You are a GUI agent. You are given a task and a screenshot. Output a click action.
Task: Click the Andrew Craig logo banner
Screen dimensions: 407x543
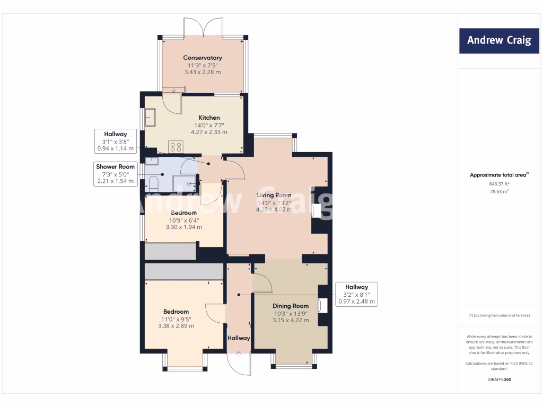click(498, 40)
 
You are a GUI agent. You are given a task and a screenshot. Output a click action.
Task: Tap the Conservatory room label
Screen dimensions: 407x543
click(203, 58)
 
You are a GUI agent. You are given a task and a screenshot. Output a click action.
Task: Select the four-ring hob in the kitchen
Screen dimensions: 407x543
click(176, 147)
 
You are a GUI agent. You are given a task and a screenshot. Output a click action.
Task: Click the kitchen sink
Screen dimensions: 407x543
click(150, 116)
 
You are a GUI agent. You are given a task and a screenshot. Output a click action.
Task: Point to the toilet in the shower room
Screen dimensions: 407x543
click(154, 183)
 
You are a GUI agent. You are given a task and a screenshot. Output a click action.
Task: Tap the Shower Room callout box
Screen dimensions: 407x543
click(115, 174)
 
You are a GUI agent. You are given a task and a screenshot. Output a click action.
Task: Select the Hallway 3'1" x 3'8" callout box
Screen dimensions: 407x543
click(115, 141)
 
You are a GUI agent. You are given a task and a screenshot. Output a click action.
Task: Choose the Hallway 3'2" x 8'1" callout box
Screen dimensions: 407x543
click(356, 294)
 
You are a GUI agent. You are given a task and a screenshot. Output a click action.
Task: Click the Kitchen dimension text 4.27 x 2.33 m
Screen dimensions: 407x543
click(209, 132)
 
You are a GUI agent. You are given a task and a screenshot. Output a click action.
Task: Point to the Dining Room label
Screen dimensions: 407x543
click(291, 306)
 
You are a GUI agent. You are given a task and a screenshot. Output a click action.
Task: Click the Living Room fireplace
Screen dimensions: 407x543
click(317, 211)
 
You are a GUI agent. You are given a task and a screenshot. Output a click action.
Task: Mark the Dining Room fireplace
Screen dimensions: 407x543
click(322, 305)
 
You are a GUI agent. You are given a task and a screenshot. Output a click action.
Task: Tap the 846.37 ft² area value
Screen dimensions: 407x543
click(498, 184)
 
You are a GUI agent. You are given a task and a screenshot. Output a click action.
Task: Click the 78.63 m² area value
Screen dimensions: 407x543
click(498, 191)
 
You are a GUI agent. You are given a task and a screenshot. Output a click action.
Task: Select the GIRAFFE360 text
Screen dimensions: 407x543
click(498, 379)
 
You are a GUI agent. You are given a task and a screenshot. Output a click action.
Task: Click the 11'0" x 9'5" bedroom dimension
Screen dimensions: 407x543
click(176, 319)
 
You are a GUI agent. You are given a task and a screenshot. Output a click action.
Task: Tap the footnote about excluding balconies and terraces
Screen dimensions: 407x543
click(498, 315)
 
